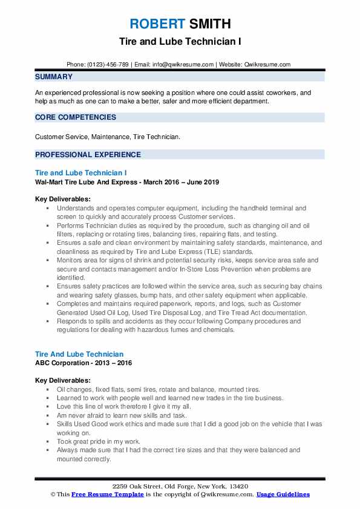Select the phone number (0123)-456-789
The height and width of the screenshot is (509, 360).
[107, 64]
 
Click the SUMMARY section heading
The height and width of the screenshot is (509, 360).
[54, 77]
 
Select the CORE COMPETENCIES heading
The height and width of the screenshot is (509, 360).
[76, 117]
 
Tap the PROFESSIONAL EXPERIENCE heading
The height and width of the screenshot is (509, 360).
[88, 154]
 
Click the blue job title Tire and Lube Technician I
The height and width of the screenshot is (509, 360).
[80, 173]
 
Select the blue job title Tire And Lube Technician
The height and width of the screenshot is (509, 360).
[79, 354]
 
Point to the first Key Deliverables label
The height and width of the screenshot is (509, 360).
[63, 199]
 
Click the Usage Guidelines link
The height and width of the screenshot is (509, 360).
[283, 494]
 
